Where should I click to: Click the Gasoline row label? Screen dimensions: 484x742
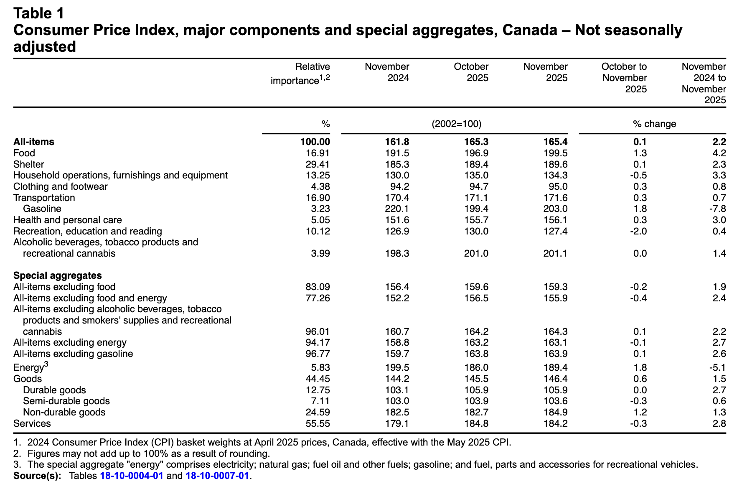42,209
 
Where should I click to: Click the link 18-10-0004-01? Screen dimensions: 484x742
131,476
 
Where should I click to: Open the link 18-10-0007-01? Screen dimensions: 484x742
217,476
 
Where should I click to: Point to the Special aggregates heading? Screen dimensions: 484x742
57,275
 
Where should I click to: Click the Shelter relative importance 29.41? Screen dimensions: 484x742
318,164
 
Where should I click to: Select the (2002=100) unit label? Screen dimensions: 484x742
456,124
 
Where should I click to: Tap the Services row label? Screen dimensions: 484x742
32,423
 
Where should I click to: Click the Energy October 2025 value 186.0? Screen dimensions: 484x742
476,367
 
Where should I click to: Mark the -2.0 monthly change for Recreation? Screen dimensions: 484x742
638,231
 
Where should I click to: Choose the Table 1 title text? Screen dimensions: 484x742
39,13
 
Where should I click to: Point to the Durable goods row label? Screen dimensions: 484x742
54,390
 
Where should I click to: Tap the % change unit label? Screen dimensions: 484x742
654,124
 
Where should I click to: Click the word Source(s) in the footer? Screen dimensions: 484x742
37,476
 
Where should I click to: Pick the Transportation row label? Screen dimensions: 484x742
44,198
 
